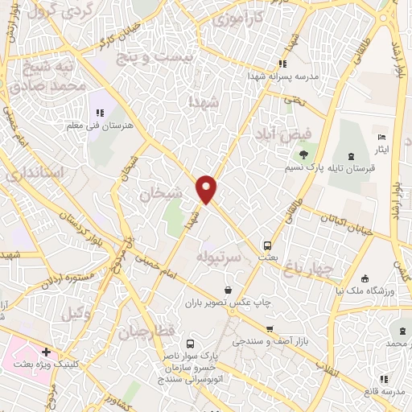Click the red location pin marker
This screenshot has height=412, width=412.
208,188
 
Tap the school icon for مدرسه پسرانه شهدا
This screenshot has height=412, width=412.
282,64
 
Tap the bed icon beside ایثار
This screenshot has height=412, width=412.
381,138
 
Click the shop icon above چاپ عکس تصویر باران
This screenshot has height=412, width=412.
229,290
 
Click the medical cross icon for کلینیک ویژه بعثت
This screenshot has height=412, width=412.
47,352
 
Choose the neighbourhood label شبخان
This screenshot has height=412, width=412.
156,194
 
